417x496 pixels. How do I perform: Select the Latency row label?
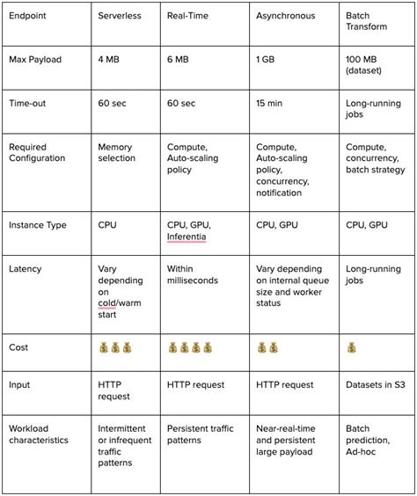pos(26,268)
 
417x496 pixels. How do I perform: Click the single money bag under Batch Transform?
pos(352,347)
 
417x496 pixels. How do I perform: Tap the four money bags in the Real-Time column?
pos(191,347)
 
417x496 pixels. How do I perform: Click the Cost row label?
pos(19,347)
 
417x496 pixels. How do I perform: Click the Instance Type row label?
pos(39,225)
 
